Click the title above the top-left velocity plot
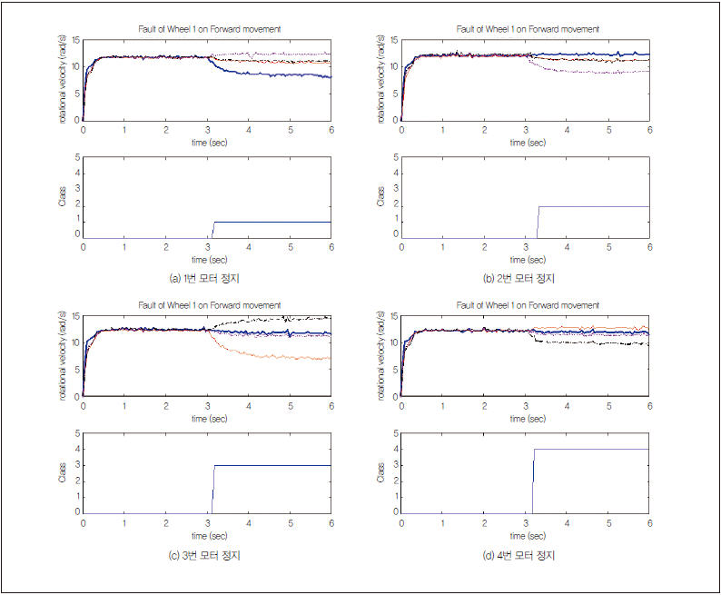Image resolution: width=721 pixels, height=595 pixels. coord(208,29)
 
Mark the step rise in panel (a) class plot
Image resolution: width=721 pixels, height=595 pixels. coord(212,230)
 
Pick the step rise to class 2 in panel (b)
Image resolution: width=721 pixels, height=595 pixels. coord(538,223)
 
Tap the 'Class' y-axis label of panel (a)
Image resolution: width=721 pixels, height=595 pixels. coord(63,197)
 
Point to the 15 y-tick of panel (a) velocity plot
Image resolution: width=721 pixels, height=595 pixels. coord(76,40)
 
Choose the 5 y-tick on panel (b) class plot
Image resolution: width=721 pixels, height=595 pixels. coord(396,158)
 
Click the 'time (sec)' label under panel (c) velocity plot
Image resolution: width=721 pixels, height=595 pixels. coord(207,419)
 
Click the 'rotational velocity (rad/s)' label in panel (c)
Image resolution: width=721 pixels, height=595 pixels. coord(63,355)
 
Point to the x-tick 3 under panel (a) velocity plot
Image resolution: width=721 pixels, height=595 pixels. coord(207,130)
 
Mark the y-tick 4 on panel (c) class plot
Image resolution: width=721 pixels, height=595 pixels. coord(78,449)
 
